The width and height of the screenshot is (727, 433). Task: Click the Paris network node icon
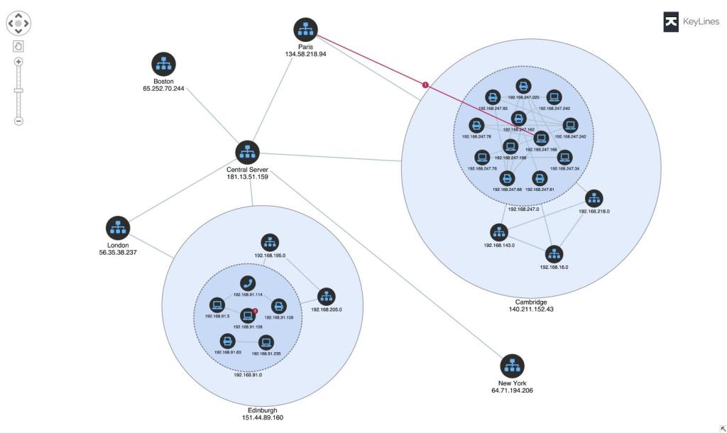pos(306,30)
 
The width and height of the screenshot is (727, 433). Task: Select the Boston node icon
pos(163,65)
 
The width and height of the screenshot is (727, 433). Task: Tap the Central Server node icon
pos(247,152)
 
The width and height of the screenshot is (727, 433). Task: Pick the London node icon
pos(118,228)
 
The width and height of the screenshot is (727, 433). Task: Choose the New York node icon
pos(513,366)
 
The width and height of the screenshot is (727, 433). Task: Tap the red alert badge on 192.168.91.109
pos(255,310)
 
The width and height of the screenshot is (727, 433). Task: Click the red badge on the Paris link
pos(425,85)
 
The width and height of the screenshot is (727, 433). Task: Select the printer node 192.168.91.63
pos(227,340)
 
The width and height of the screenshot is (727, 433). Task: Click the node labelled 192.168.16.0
pos(554,253)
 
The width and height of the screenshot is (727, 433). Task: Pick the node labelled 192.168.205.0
pos(326,296)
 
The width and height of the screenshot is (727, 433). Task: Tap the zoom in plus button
pos(18,62)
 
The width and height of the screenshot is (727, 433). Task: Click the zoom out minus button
pos(18,121)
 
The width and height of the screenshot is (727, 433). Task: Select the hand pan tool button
pos(18,46)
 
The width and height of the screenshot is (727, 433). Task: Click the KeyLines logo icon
pos(671,22)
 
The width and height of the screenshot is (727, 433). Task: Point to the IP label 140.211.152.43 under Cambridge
pos(531,309)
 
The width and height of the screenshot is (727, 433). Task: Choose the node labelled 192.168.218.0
pos(594,198)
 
